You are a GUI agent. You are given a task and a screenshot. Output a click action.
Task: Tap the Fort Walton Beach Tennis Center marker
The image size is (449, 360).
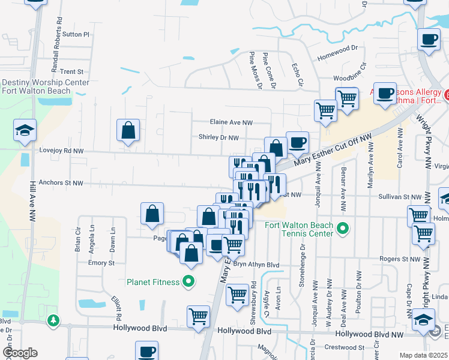pyautogui.click(x=343, y=228)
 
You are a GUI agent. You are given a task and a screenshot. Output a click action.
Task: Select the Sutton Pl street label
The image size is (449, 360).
pyautogui.click(x=76, y=35)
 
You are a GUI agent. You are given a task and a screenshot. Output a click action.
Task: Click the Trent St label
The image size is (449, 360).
pyautogui.click(x=75, y=71)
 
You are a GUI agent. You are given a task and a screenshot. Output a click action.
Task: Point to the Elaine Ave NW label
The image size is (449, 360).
pyautogui.click(x=231, y=122)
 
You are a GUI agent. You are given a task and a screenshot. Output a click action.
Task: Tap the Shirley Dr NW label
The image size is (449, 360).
pyautogui.click(x=218, y=137)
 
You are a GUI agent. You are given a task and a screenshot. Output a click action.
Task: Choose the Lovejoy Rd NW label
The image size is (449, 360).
pyautogui.click(x=59, y=151)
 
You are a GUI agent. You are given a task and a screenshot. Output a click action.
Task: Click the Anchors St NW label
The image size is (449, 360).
pyautogui.click(x=59, y=183)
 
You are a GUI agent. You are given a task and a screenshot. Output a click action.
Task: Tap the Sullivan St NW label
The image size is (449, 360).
pyautogui.click(x=400, y=196)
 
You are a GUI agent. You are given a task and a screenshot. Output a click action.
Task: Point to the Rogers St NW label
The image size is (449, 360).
pyautogui.click(x=399, y=259)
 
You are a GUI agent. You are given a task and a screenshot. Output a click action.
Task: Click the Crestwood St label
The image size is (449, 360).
pyautogui.click(x=344, y=347)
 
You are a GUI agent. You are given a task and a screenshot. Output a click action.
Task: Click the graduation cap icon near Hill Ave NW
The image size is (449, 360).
pyautogui.click(x=25, y=130)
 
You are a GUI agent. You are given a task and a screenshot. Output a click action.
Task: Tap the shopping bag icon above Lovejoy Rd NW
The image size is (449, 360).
pyautogui.click(x=128, y=130)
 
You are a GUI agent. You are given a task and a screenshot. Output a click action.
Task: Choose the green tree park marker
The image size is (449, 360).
pyautogui.click(x=54, y=321)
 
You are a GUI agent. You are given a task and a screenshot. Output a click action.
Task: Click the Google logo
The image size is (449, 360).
pyautogui.click(x=20, y=353)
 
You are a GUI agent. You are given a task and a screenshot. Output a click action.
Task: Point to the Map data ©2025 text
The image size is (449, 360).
pyautogui.click(x=424, y=355)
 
